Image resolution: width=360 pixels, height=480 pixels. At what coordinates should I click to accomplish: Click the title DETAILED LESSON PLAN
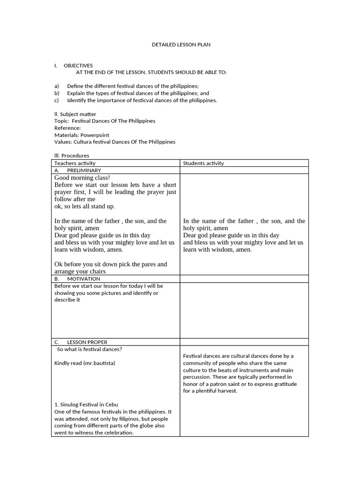181,45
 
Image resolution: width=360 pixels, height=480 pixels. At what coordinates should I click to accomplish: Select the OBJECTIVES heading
78,66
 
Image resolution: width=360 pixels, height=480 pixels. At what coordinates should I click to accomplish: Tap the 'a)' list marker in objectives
57,86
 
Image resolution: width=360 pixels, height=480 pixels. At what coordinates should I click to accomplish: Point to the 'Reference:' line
67,128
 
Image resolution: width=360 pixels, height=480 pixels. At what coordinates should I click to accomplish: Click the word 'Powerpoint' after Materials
95,135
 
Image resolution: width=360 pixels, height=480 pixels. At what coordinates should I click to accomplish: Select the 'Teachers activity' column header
75,163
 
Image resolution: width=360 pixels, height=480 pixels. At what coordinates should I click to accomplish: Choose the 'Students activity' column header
203,163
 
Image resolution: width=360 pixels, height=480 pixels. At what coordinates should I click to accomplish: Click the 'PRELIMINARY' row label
84,171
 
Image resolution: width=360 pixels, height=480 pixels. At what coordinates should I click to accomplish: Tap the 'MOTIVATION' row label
83,279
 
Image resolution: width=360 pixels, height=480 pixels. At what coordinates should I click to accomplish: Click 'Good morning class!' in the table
82,178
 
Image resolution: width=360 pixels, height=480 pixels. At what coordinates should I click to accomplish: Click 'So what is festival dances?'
90,349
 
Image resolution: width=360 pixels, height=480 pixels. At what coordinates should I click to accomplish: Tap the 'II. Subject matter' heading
75,114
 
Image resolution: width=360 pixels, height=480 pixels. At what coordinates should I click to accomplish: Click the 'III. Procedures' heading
72,156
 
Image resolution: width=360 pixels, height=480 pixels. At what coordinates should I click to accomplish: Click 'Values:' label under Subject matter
63,142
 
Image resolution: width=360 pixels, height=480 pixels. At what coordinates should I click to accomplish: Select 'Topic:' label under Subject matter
62,121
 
